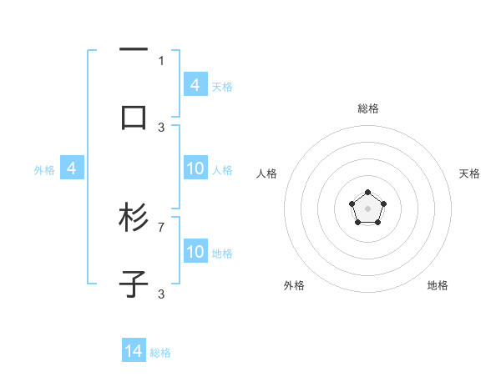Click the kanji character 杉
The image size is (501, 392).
pos(134,219)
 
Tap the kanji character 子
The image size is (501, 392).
pos(134,284)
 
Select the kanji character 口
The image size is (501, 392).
pos(134,117)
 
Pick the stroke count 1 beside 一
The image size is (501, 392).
pos(161,60)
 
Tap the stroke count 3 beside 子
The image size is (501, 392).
pos(161,294)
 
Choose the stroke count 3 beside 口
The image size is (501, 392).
pos(161,127)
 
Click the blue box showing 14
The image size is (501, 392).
pos(134,351)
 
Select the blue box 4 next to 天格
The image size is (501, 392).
pos(195,85)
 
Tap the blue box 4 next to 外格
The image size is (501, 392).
pos(72,169)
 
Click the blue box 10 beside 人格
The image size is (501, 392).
pos(195,169)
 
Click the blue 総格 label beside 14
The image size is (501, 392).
pos(160,353)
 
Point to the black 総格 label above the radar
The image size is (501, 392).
pos(367,108)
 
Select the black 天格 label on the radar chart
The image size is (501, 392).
pos(469,173)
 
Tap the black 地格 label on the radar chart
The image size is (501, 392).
pos(438,285)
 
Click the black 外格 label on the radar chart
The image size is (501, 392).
pos(294,285)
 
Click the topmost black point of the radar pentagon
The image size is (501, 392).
pos(367,193)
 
